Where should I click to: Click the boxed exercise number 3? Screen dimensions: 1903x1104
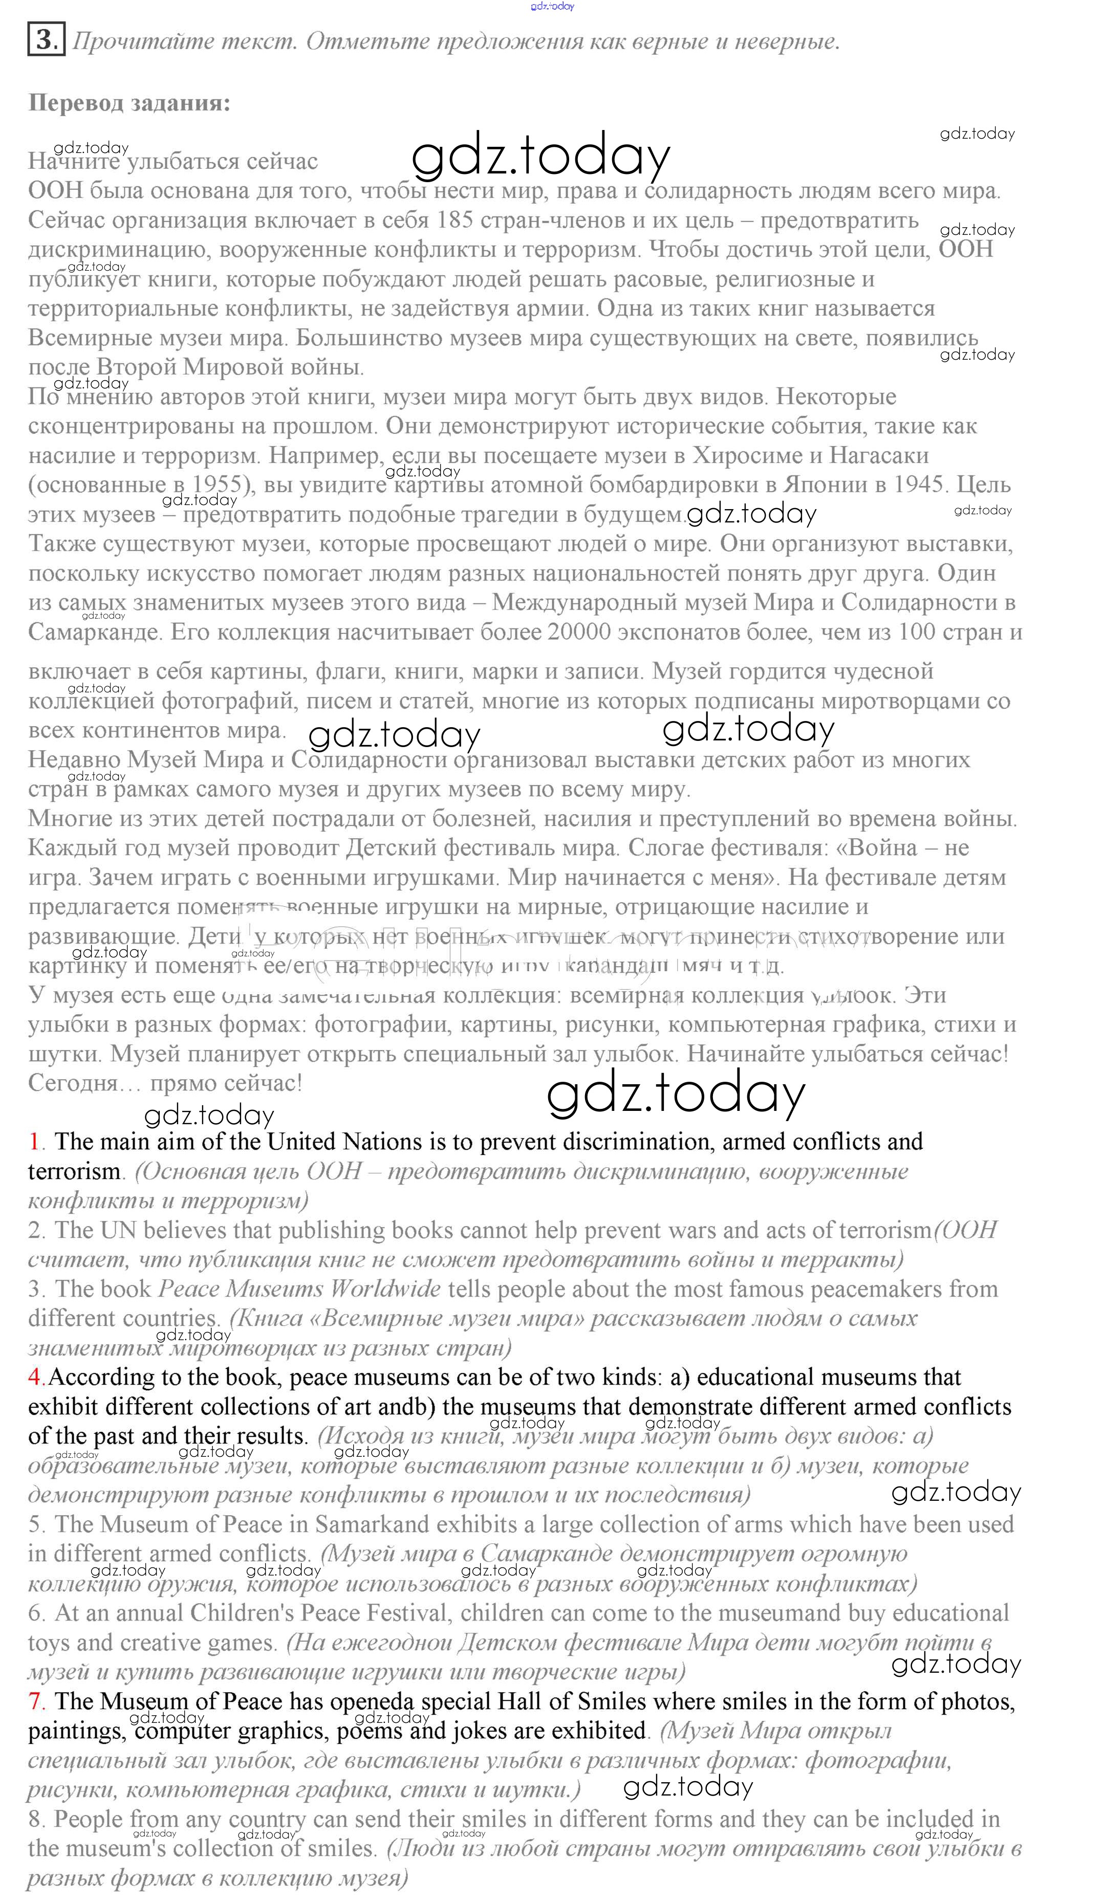[x=46, y=39]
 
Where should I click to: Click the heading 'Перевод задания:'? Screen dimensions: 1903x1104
[x=129, y=103]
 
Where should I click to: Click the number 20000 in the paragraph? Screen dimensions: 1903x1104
[x=579, y=631]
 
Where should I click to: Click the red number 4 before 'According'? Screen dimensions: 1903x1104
[x=35, y=1376]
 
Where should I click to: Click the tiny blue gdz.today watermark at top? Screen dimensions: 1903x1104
[x=552, y=6]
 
